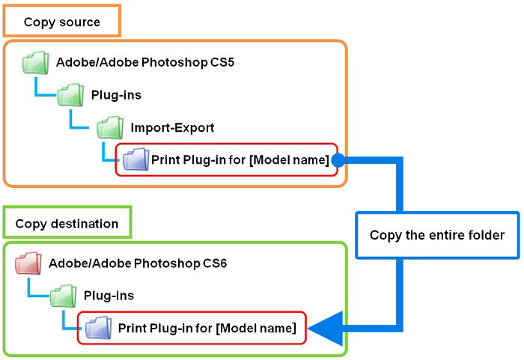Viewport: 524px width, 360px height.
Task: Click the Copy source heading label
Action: [61, 22]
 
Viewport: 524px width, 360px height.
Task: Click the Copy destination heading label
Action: [67, 223]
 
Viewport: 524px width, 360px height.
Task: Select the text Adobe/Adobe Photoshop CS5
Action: [145, 62]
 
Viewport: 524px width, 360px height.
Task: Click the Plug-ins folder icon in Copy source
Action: [70, 96]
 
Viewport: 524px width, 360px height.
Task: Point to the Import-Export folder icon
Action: [110, 128]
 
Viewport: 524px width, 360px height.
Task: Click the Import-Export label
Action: [172, 127]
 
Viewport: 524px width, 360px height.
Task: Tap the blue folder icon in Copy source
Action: [136, 159]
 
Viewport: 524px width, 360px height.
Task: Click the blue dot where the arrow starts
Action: [337, 159]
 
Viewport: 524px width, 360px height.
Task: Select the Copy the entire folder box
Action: [436, 235]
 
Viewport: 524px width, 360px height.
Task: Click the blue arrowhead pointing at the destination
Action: [323, 328]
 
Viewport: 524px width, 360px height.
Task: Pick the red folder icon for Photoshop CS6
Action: [28, 264]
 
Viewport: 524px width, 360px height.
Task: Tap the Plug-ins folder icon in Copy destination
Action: [63, 296]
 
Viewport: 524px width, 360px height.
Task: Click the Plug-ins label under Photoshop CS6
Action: [109, 296]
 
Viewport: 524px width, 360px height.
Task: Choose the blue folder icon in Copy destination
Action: [98, 328]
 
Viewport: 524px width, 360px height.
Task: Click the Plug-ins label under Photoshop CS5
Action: [116, 95]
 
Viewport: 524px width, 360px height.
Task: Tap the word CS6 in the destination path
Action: [213, 263]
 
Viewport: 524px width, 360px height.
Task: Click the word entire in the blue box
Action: [447, 235]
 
